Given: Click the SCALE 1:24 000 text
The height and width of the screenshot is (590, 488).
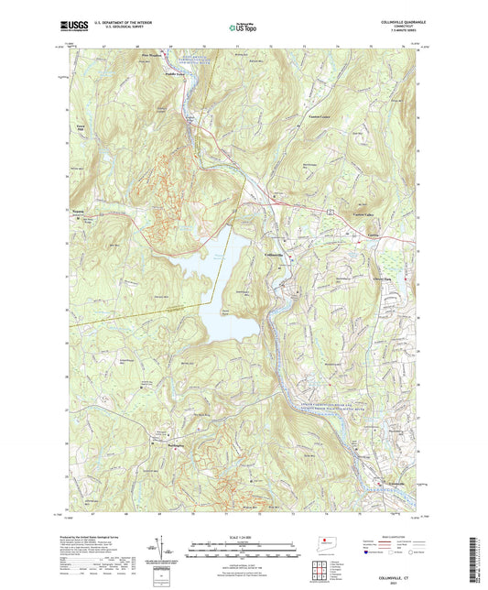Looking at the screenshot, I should tap(243, 528).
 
